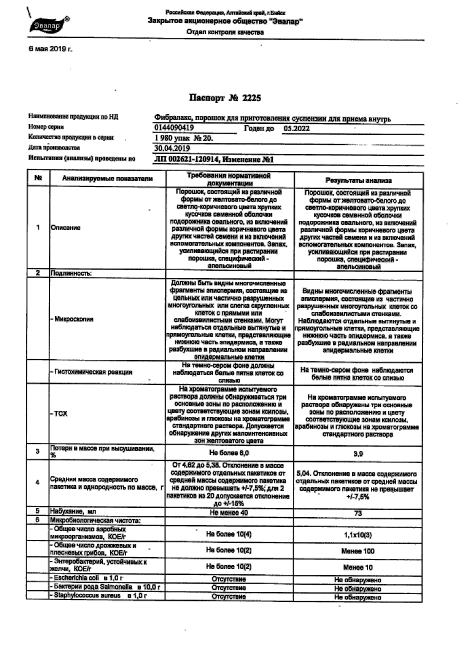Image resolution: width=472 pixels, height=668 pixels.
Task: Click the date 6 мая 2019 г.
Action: click(50, 49)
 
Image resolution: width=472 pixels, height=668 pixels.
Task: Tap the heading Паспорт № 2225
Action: click(225, 98)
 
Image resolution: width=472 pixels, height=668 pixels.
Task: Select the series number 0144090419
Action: click(174, 128)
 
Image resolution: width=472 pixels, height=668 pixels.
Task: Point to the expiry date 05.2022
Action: click(297, 129)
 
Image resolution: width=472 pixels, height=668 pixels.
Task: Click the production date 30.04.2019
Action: click(172, 148)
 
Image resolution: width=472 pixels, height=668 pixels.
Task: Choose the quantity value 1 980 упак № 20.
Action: click(184, 138)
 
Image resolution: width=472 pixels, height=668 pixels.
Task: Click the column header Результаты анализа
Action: click(358, 180)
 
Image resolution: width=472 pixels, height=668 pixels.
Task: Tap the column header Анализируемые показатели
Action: click(107, 179)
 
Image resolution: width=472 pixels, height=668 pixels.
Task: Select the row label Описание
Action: click(66, 228)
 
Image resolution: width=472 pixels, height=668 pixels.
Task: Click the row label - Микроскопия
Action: click(72, 319)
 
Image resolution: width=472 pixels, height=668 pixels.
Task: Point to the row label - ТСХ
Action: click(59, 413)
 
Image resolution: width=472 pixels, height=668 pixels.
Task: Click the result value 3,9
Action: click(358, 454)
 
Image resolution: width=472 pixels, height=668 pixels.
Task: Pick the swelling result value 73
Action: click(358, 513)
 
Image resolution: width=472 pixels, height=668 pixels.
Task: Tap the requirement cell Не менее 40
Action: click(229, 513)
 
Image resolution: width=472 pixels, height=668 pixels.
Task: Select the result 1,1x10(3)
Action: click(358, 535)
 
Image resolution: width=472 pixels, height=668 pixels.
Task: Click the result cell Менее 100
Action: click(358, 551)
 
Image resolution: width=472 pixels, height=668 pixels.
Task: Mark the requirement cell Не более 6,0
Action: click(229, 453)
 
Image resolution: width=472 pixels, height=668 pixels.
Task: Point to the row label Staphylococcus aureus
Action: click(87, 596)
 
